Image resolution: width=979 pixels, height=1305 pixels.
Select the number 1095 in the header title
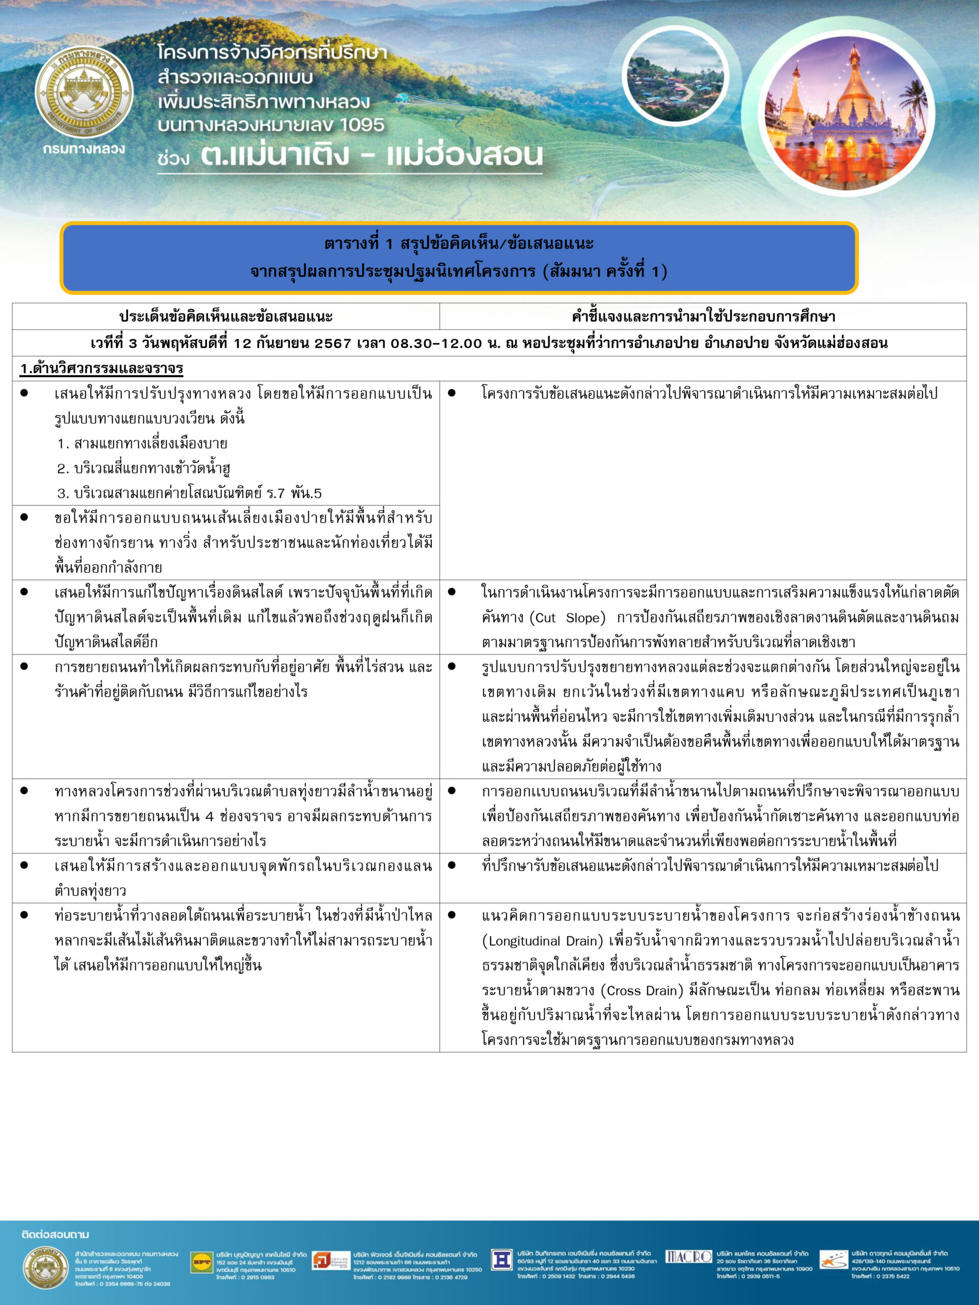pyautogui.click(x=361, y=125)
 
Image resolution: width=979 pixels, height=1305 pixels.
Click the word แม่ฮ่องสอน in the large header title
pyautogui.click(x=465, y=154)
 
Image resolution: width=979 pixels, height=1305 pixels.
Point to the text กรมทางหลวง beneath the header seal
pyautogui.click(x=84, y=149)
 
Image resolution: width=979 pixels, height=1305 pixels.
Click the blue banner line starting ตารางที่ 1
pyautogui.click(x=458, y=244)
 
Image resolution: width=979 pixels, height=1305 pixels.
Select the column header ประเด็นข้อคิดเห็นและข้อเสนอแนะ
pyautogui.click(x=226, y=317)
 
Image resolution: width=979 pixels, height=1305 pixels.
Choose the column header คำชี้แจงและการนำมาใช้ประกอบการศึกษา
pyautogui.click(x=703, y=317)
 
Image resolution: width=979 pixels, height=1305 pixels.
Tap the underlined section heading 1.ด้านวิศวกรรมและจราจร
pyautogui.click(x=101, y=369)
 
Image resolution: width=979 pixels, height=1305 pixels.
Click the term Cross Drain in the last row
pyautogui.click(x=641, y=990)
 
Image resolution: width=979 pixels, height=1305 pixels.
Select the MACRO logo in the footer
pyautogui.click(x=687, y=1257)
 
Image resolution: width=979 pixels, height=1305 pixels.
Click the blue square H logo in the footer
pyautogui.click(x=502, y=1260)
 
